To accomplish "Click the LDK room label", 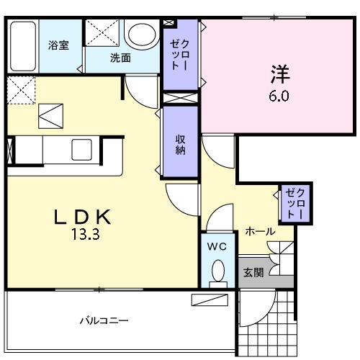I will tap(82, 217).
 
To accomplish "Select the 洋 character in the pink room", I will tap(279, 75).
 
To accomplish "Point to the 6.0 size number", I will tap(279, 95).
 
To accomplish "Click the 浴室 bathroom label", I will tap(58, 45).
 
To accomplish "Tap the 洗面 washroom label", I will tap(120, 58).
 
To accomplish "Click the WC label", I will tap(217, 247).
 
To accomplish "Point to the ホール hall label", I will tap(259, 231).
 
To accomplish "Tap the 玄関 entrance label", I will tap(253, 272).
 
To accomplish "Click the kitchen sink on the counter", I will tap(81, 149).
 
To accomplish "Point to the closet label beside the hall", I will tap(295, 203).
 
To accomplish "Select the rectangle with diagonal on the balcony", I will tap(209, 300).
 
